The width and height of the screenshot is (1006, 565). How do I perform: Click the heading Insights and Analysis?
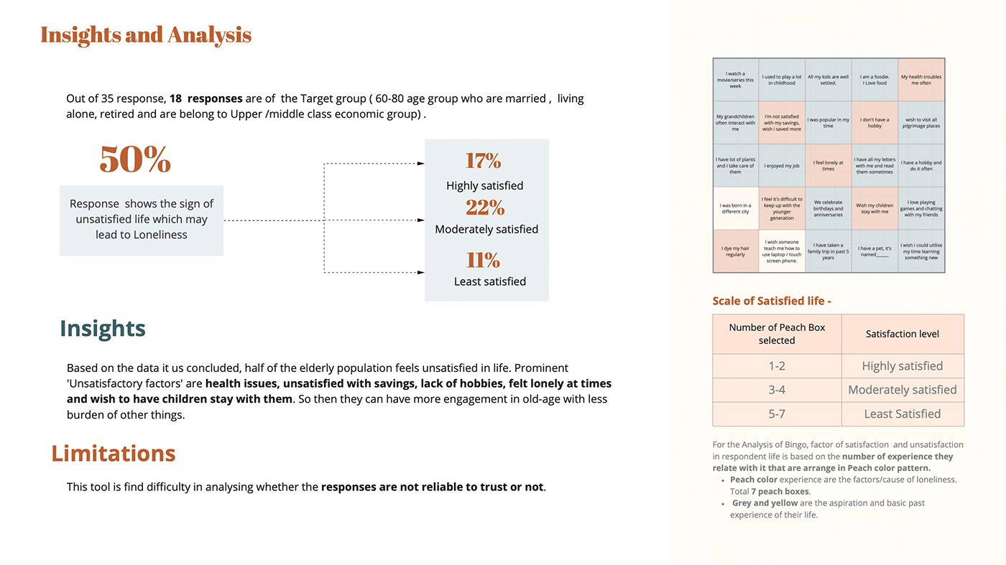tap(146, 34)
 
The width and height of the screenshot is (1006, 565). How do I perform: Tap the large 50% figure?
tap(135, 159)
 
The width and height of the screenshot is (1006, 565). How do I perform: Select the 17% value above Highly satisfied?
tap(483, 161)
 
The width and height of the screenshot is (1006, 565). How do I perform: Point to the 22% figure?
tap(485, 207)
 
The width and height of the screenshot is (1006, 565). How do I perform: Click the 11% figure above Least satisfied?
tap(483, 259)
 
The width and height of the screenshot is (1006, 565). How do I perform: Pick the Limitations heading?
tap(114, 453)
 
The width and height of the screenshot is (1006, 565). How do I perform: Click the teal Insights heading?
tap(103, 328)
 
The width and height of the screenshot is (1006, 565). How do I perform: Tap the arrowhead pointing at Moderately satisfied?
tap(420, 220)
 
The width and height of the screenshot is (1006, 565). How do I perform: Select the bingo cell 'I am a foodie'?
tap(875, 80)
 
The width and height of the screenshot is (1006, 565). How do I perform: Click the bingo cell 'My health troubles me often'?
tap(921, 80)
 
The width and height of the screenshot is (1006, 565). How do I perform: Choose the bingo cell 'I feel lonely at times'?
tap(828, 165)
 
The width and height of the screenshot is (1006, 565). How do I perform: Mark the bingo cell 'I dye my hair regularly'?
tap(735, 251)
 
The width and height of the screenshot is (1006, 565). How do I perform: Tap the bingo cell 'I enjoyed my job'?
tap(782, 165)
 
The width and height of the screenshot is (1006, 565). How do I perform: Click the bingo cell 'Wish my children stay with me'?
tap(875, 208)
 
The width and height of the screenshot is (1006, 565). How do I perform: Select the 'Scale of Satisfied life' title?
tap(772, 301)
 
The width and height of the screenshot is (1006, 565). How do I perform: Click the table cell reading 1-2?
tap(777, 366)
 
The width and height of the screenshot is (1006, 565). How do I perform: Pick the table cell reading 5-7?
tap(777, 414)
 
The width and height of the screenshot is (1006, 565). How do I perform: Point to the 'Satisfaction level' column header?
tap(903, 334)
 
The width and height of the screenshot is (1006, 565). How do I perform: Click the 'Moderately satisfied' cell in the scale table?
tap(903, 390)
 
